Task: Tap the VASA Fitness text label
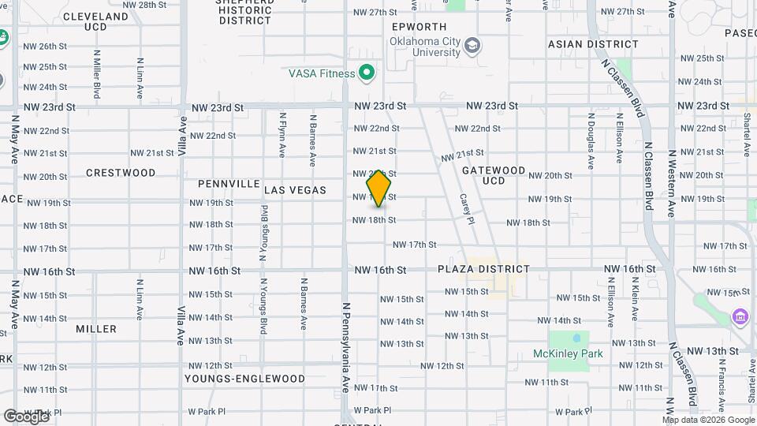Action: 322,74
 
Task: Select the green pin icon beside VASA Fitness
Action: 366,74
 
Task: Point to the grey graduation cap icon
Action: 472,46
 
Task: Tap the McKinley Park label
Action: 568,353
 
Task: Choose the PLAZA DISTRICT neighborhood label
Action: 484,269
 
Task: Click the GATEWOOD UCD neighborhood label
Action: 494,175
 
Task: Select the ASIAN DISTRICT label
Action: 582,44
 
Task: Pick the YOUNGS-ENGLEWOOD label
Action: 244,379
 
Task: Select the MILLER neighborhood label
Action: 96,328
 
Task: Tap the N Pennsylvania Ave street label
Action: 345,347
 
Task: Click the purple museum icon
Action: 740,317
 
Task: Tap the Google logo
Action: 26,416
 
